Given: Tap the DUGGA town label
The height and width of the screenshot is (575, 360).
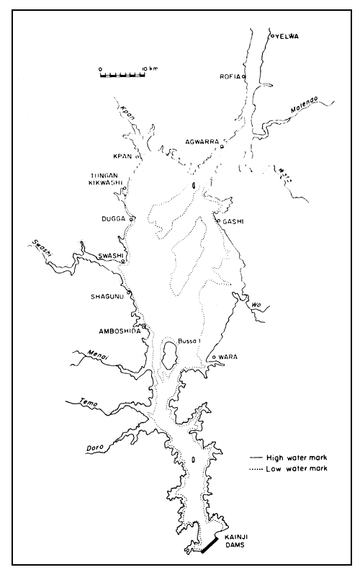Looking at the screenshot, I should (x=114, y=218).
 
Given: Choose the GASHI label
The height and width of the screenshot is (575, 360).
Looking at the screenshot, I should (x=235, y=221).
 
